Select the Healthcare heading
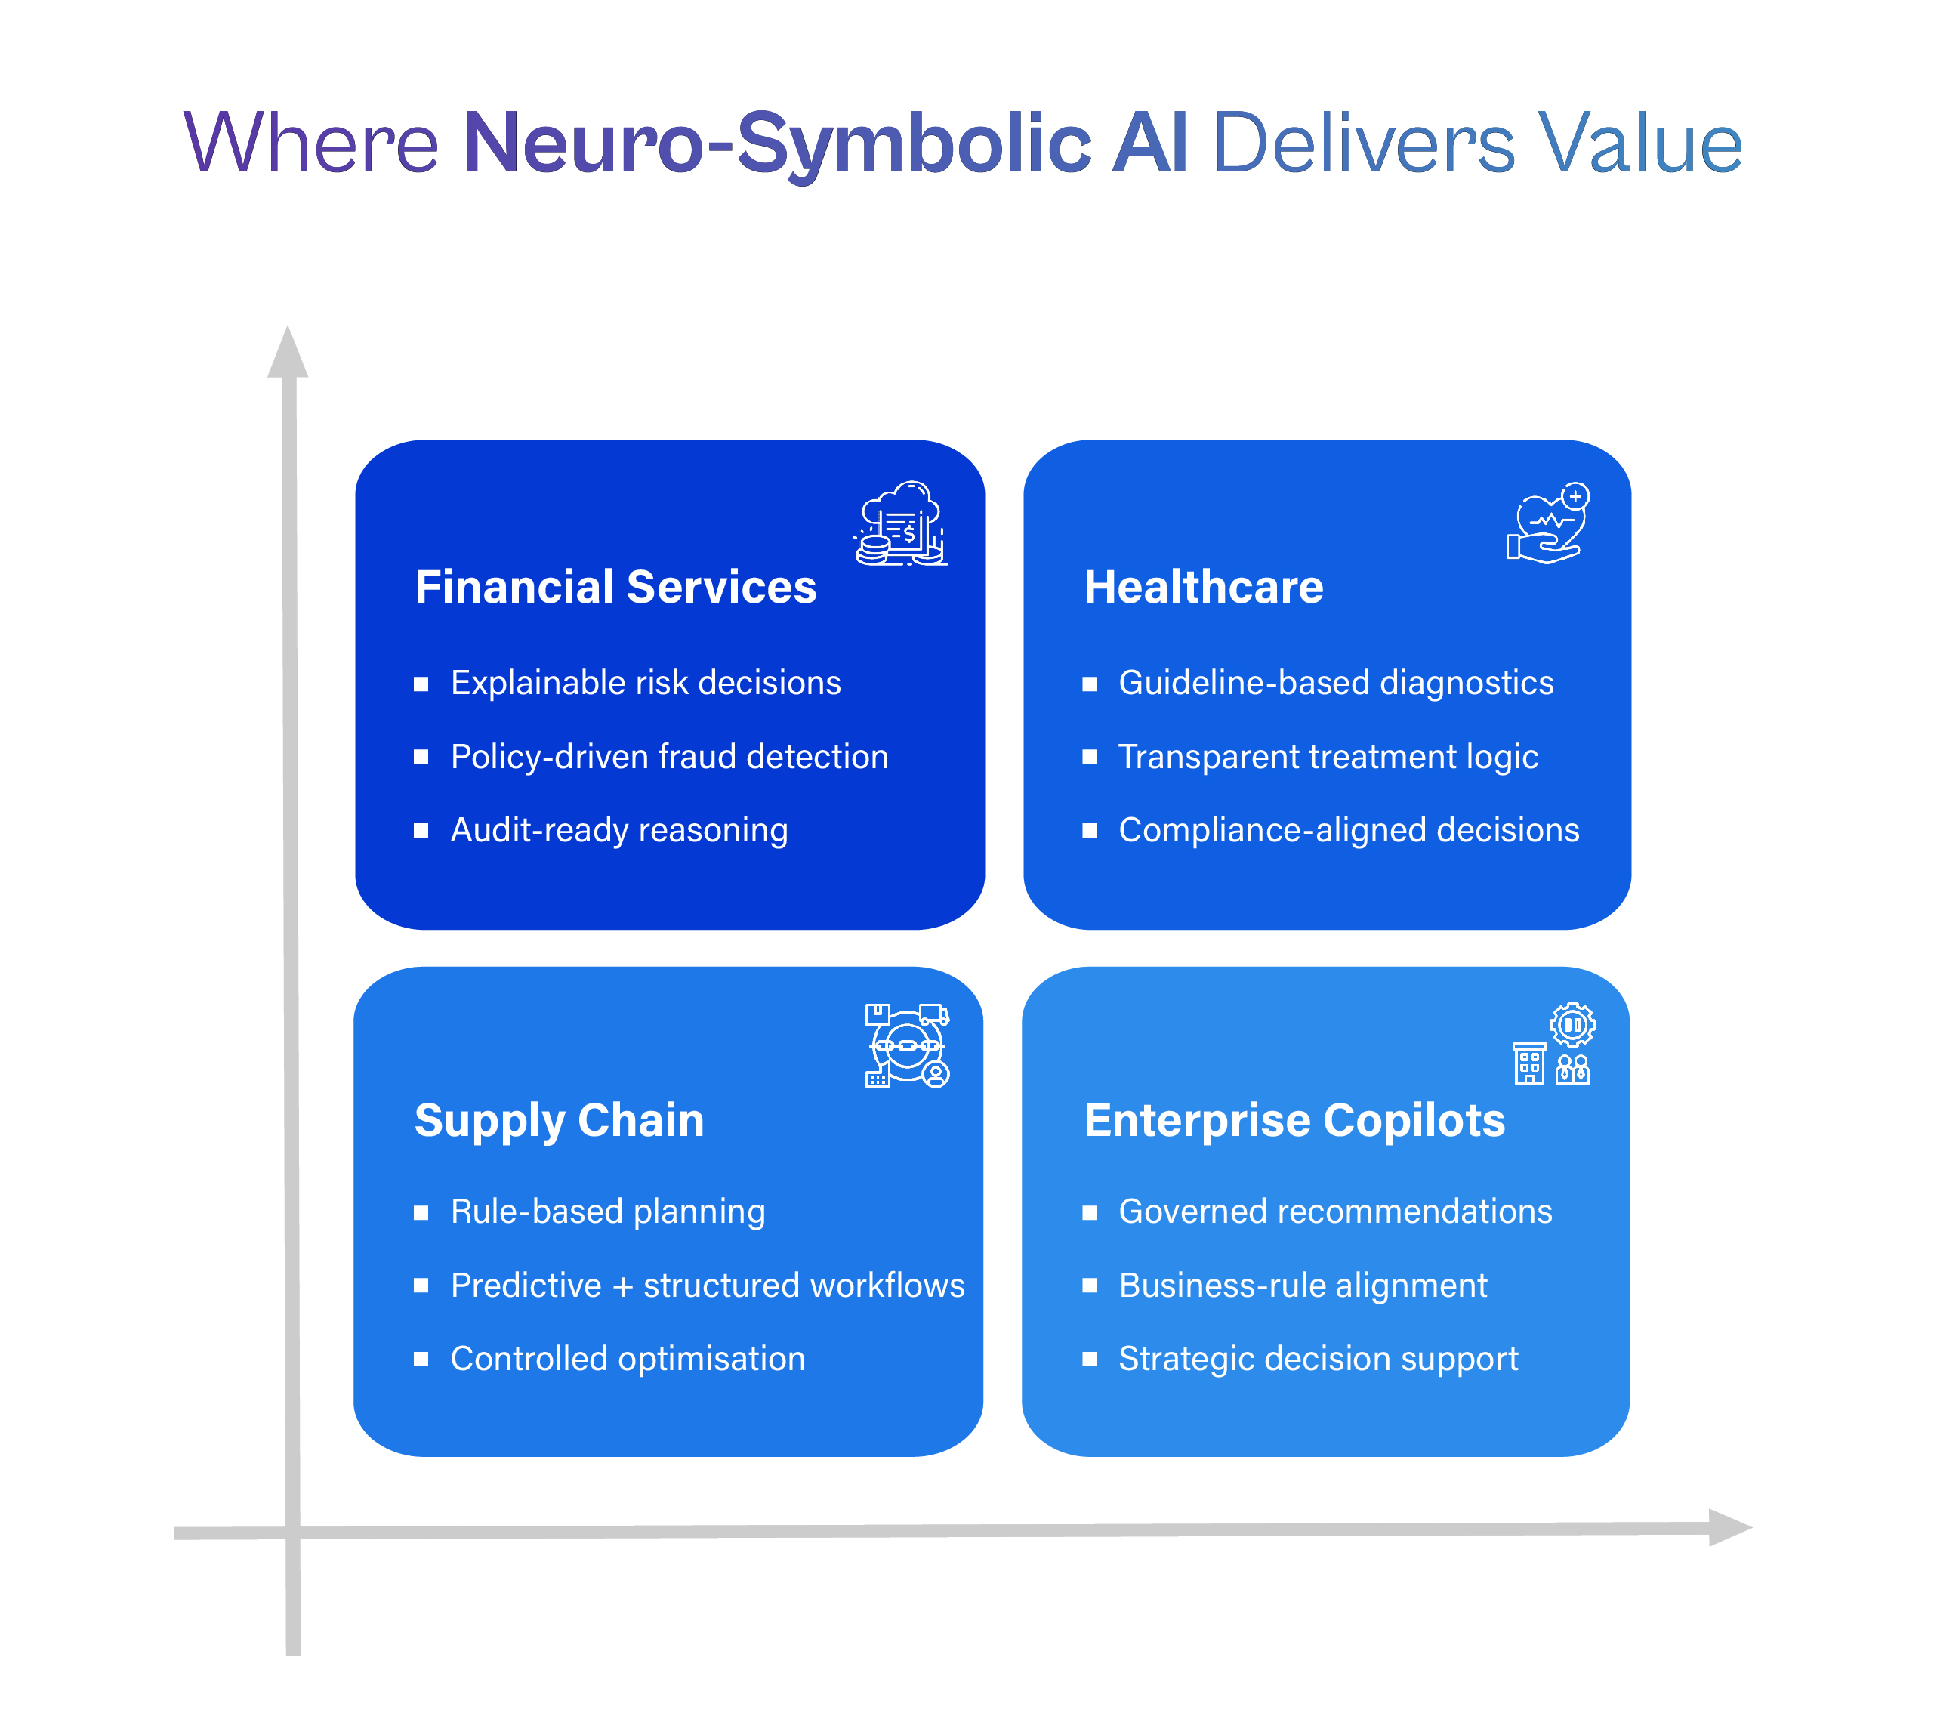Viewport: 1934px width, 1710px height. tap(1204, 587)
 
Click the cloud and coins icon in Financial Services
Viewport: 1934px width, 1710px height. tap(901, 523)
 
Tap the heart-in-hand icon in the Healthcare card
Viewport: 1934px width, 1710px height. tap(1548, 523)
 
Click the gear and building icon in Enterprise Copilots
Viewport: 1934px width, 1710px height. tap(1553, 1044)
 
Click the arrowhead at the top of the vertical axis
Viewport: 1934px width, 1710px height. tap(288, 351)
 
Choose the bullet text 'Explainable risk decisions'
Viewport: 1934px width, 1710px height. tap(646, 682)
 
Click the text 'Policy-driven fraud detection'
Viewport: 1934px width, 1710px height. tap(669, 756)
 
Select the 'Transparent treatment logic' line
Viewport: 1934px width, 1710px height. tap(1328, 756)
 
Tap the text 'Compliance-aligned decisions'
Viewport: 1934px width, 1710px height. tap(1348, 830)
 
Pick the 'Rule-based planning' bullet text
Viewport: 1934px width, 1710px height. tap(607, 1212)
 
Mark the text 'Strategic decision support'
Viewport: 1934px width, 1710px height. tap(1318, 1359)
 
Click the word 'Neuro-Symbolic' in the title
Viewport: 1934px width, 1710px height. tap(777, 144)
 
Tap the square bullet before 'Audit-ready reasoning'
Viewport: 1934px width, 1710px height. tap(421, 831)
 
